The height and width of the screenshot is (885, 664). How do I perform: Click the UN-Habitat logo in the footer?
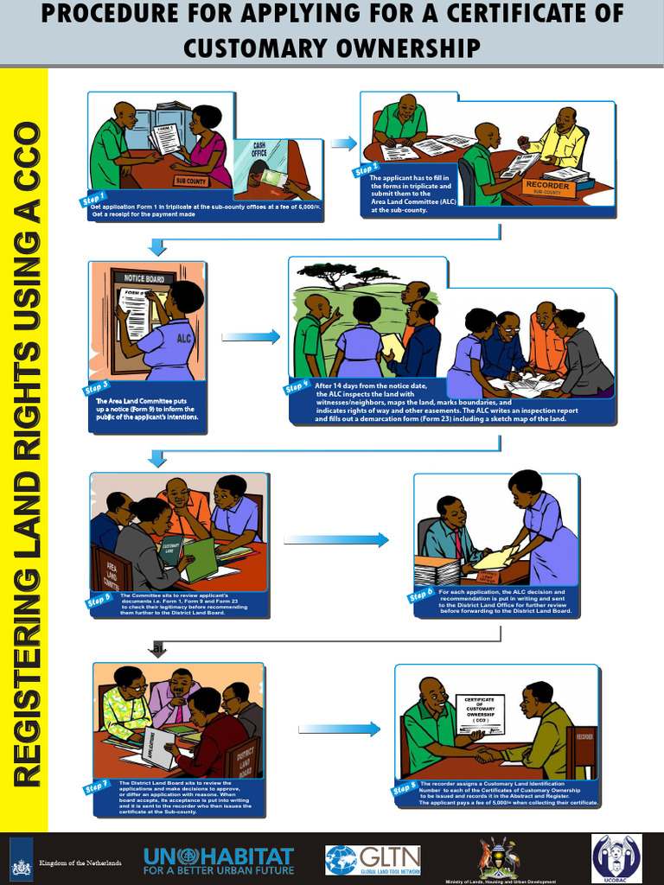coord(219,861)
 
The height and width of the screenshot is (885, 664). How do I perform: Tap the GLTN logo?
coord(373,860)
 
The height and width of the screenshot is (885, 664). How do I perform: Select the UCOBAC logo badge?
coord(616,857)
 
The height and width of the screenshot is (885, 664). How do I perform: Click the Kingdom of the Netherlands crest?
coord(22,861)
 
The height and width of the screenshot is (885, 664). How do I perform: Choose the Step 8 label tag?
coord(404,789)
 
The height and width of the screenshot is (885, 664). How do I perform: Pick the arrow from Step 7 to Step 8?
coord(339,729)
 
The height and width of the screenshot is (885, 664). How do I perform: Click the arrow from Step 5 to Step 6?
coord(335,540)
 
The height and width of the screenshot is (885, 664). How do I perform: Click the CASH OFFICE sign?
coord(259,150)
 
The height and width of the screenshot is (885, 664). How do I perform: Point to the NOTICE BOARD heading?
coord(144,278)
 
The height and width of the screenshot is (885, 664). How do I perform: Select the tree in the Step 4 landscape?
coord(329,273)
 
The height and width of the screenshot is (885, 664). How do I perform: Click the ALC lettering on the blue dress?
coord(183,339)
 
